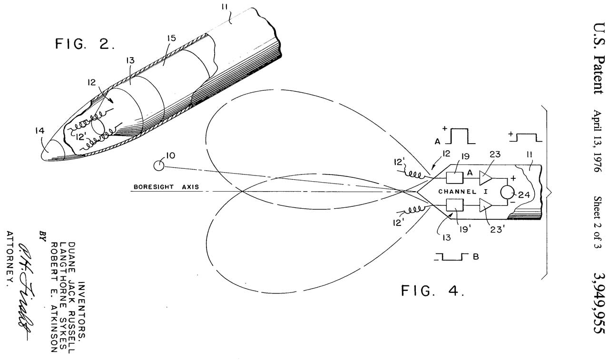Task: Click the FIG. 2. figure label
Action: tap(85, 44)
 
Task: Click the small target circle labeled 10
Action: tap(159, 165)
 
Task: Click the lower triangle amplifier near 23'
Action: tap(485, 206)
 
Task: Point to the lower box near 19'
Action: tap(455, 206)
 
